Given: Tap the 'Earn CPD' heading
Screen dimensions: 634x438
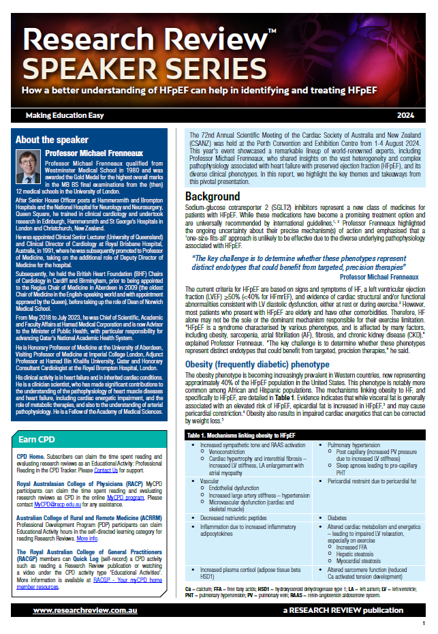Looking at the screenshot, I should click(37, 439).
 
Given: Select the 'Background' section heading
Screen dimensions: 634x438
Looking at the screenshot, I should click(213, 196).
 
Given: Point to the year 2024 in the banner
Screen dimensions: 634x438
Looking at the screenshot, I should click(407, 115).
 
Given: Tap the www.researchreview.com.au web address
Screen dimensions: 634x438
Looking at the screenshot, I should click(77, 610).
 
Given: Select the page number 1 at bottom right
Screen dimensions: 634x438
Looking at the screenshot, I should click(424, 624).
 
